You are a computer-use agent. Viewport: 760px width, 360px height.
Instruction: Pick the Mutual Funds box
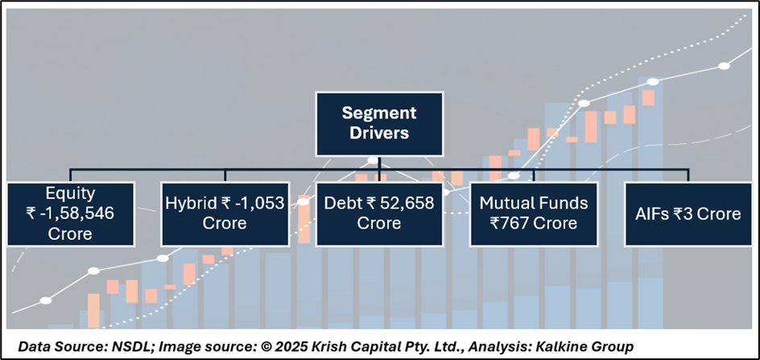tap(534, 213)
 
